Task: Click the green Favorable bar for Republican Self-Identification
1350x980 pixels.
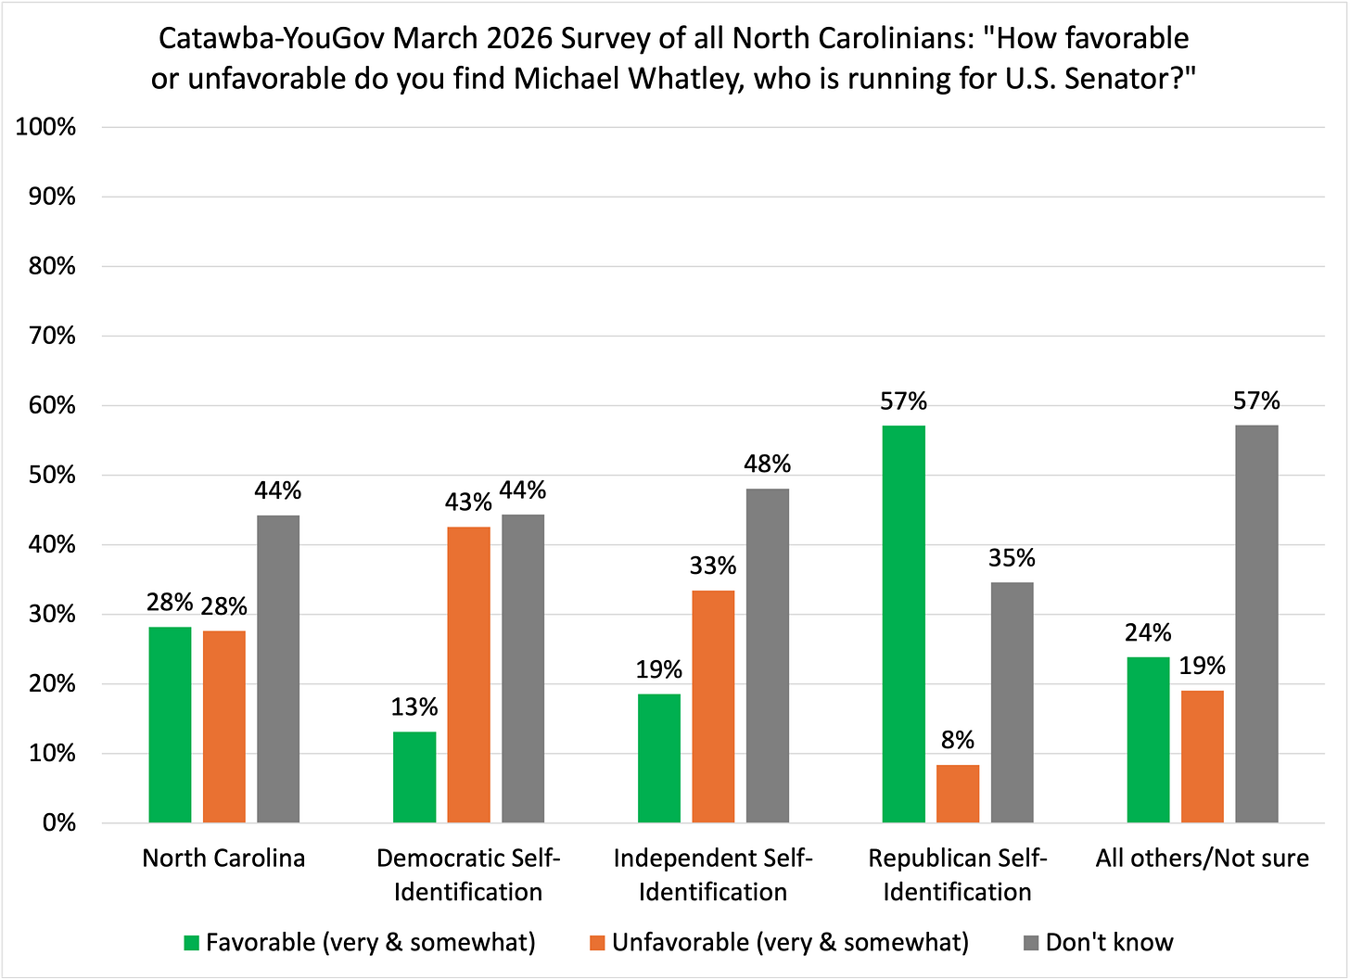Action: pos(903,624)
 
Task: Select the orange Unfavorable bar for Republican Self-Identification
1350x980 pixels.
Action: pos(958,794)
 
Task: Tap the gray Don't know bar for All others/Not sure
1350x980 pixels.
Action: pos(1256,624)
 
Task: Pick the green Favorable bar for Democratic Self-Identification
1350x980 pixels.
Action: pos(414,777)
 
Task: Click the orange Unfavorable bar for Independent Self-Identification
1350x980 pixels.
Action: pos(713,706)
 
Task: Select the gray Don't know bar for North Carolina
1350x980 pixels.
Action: pos(278,668)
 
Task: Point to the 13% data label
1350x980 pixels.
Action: pos(414,707)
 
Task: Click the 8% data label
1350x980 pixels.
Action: pos(958,740)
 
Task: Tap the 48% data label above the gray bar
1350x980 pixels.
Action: pos(768,464)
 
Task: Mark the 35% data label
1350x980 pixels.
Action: pos(1012,558)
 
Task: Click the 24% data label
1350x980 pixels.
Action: pos(1148,632)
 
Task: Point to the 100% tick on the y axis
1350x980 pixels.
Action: pos(45,128)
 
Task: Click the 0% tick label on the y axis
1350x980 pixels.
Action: pos(58,823)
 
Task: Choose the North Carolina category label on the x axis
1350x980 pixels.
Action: pos(223,858)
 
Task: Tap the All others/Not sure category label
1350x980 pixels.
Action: pos(1202,858)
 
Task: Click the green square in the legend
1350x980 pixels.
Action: pos(192,944)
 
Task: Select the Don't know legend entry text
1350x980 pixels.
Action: pos(1109,943)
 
